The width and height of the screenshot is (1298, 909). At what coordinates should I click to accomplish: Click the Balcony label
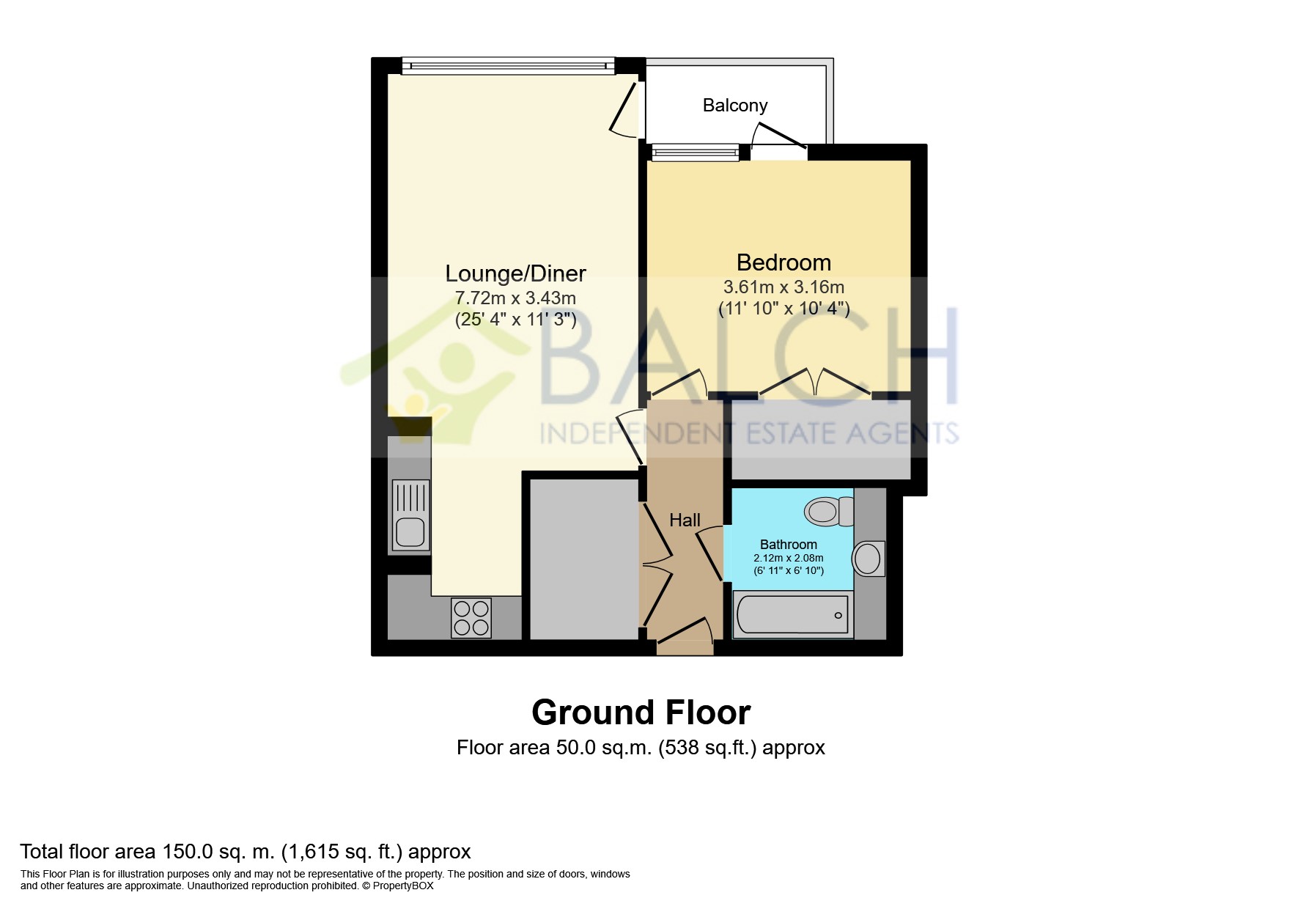click(x=735, y=106)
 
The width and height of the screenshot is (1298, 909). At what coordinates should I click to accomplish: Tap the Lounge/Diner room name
click(x=516, y=273)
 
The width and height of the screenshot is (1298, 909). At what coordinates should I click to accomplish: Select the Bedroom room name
click(x=783, y=262)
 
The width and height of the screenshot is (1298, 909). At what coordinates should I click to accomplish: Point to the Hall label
click(x=685, y=520)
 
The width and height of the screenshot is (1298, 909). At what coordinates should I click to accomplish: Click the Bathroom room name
click(x=789, y=545)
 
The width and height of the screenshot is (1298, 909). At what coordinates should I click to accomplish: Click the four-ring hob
click(x=471, y=618)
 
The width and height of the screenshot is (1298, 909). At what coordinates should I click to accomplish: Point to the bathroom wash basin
click(x=869, y=559)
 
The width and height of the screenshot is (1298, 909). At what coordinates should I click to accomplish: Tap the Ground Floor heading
click(x=641, y=713)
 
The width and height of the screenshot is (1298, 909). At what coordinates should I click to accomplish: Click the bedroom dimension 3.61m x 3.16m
click(x=784, y=287)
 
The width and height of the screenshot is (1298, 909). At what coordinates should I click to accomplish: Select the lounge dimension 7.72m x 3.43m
click(x=515, y=298)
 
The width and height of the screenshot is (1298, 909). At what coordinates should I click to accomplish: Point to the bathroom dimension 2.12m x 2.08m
click(x=789, y=559)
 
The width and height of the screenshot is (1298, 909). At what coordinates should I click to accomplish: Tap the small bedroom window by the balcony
click(x=695, y=152)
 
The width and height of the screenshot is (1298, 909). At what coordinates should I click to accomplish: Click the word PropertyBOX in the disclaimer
click(x=403, y=886)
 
